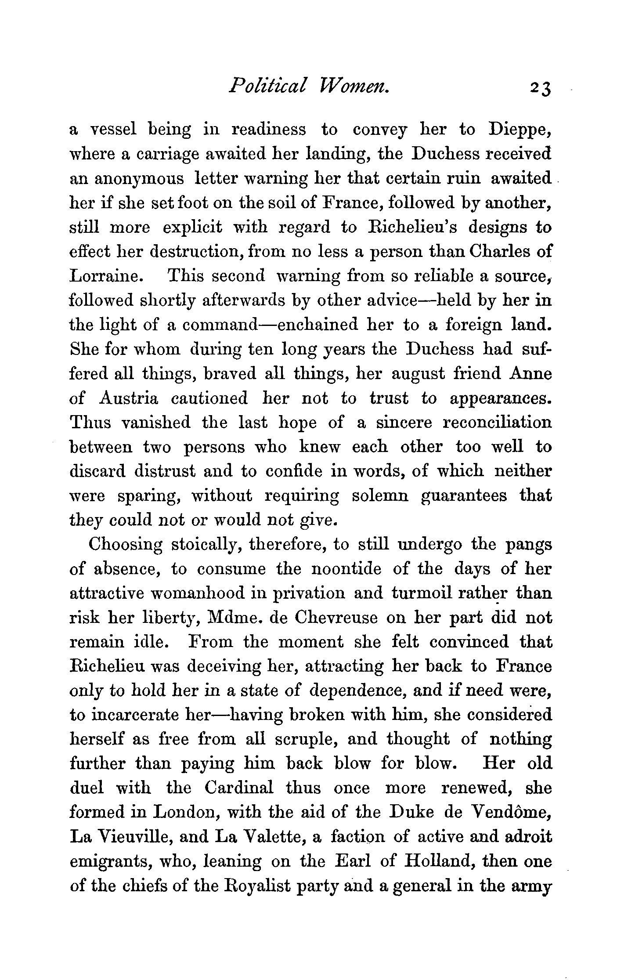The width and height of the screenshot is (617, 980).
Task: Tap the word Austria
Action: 129,398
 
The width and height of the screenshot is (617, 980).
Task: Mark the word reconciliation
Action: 497,423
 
